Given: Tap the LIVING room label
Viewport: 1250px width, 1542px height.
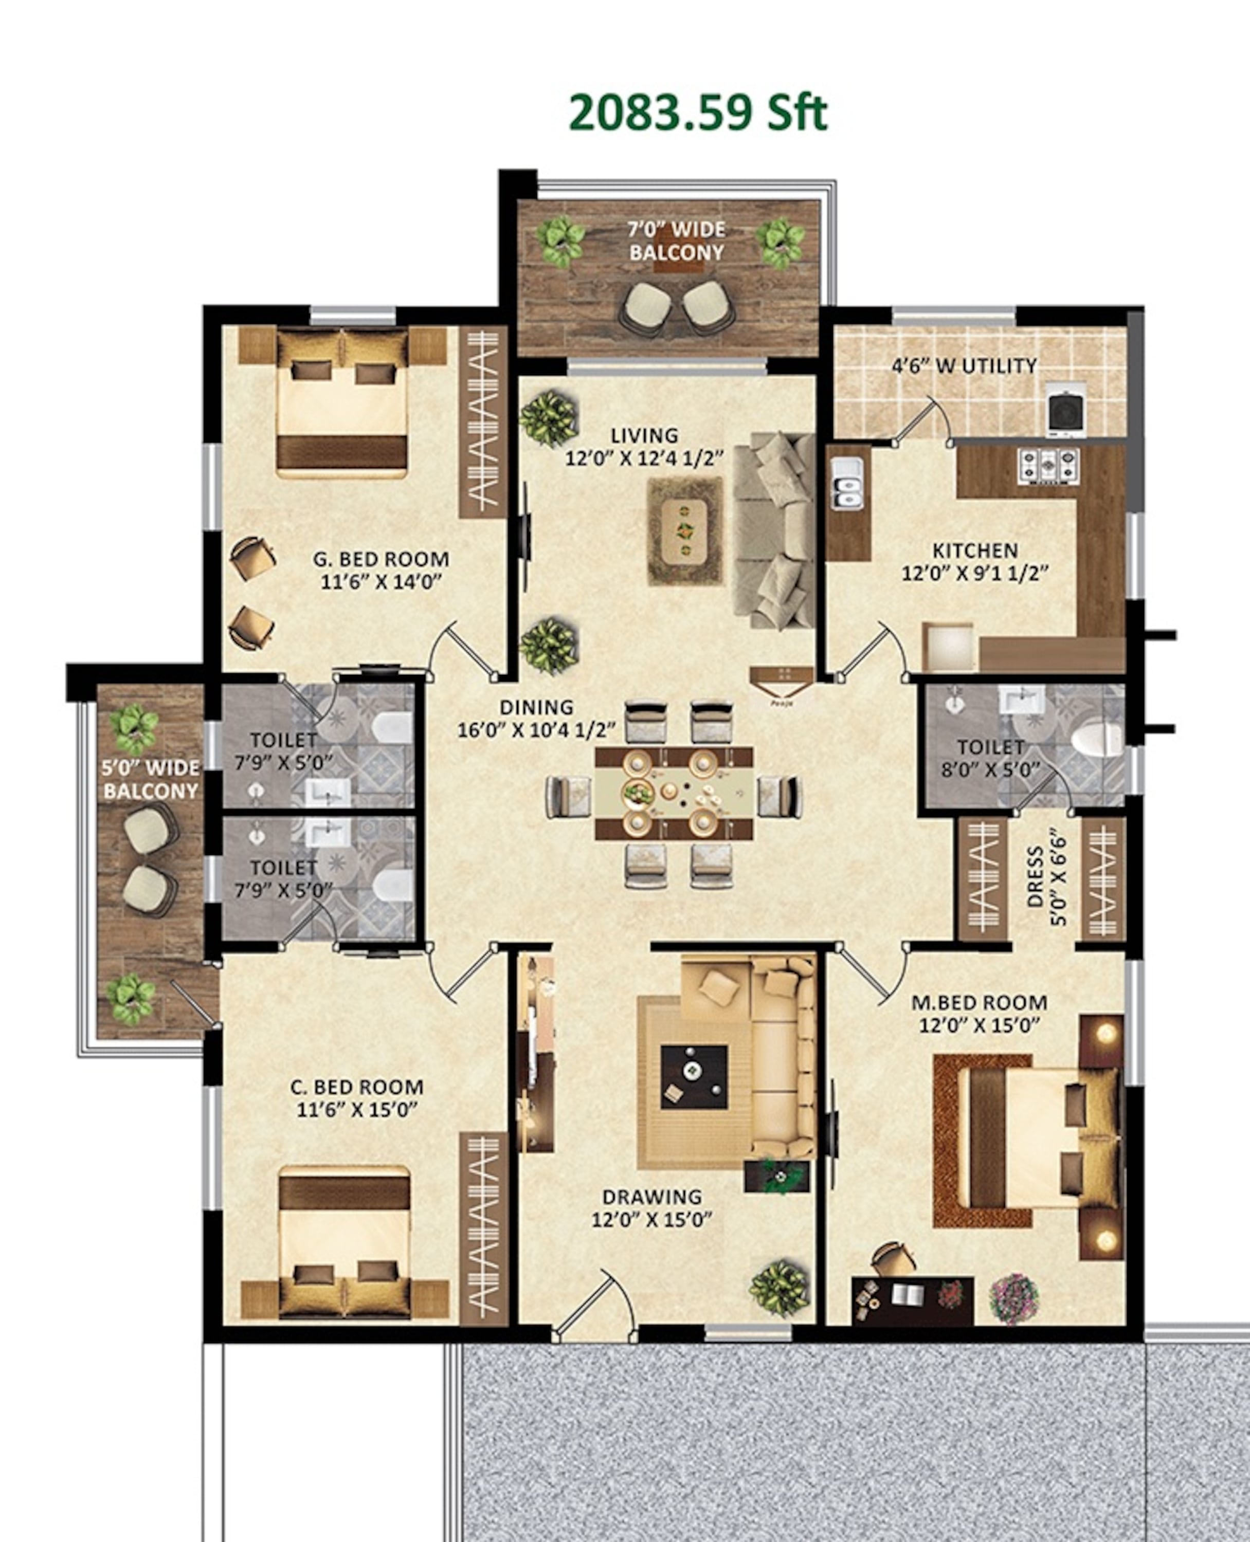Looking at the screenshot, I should tap(644, 435).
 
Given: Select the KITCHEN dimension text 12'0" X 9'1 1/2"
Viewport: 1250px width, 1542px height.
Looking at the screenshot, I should tap(975, 574).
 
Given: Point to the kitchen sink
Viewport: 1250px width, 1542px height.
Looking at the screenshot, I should tap(847, 483).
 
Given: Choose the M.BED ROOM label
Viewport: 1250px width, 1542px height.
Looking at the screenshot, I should tap(979, 1002).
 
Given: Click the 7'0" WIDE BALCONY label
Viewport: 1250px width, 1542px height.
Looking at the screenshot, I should tap(676, 241).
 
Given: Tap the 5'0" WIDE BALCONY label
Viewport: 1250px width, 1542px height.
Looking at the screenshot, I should tap(151, 779).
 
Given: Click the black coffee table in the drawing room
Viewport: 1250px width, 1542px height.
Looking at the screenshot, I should tap(694, 1078).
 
